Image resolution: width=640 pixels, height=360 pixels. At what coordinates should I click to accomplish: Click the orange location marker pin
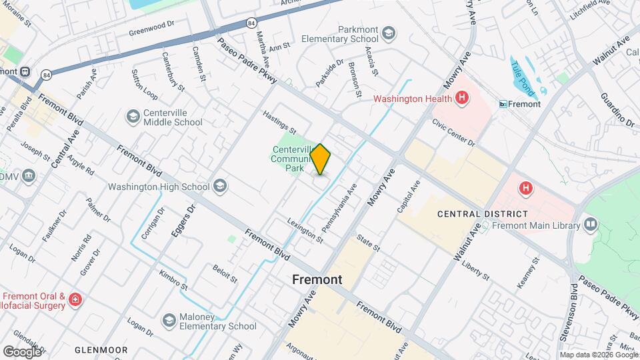(321, 159)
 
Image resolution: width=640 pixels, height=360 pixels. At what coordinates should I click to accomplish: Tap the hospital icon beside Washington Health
(461, 99)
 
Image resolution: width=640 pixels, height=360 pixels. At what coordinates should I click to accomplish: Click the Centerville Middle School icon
(133, 117)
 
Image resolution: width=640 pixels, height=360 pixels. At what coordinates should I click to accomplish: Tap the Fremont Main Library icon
(590, 225)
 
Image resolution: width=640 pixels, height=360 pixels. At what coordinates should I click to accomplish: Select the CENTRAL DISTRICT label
(482, 214)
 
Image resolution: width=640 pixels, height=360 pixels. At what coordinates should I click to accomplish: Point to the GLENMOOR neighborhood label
(101, 349)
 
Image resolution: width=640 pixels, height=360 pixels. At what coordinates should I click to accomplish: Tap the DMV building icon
(28, 175)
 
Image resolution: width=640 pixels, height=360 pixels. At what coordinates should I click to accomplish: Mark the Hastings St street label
(279, 121)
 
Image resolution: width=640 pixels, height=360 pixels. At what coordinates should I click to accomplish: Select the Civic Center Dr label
(453, 133)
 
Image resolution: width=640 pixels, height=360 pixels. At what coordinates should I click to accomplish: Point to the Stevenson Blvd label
(573, 312)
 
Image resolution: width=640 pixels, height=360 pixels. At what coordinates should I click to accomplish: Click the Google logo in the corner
(22, 351)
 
